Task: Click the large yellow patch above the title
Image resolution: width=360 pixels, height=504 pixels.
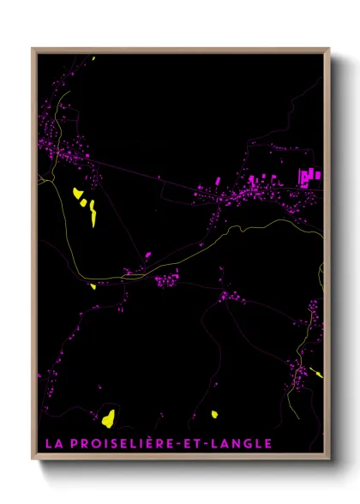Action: tap(108, 418)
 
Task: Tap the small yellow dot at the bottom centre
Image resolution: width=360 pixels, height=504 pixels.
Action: tap(214, 415)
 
